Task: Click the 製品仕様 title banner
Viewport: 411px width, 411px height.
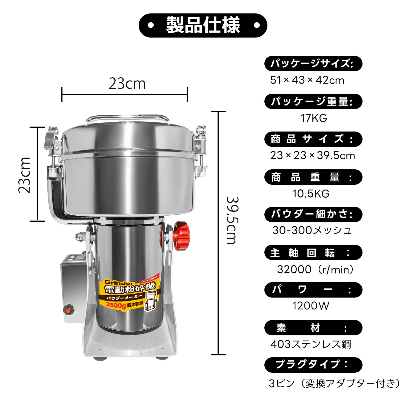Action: (203, 25)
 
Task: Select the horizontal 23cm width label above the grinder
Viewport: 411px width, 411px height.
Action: (127, 83)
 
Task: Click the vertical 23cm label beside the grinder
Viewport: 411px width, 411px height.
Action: (24, 175)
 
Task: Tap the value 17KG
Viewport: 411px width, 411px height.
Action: (314, 118)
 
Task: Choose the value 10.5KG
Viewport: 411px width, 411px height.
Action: (311, 194)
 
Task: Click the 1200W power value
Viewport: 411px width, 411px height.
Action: (311, 306)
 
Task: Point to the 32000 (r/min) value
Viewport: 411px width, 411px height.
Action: (315, 269)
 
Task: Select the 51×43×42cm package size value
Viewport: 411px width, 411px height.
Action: (307, 80)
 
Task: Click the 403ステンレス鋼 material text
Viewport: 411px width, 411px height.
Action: (310, 344)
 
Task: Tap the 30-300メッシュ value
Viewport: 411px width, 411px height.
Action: (312, 230)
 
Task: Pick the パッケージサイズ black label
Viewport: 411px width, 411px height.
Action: (313, 64)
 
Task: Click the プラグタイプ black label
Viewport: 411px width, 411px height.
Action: (313, 365)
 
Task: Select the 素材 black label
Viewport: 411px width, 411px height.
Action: (313, 328)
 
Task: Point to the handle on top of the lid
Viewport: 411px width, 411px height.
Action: (127, 118)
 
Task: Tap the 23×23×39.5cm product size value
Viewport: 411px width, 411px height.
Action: (312, 155)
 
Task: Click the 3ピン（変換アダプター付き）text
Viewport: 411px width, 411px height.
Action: (334, 383)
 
